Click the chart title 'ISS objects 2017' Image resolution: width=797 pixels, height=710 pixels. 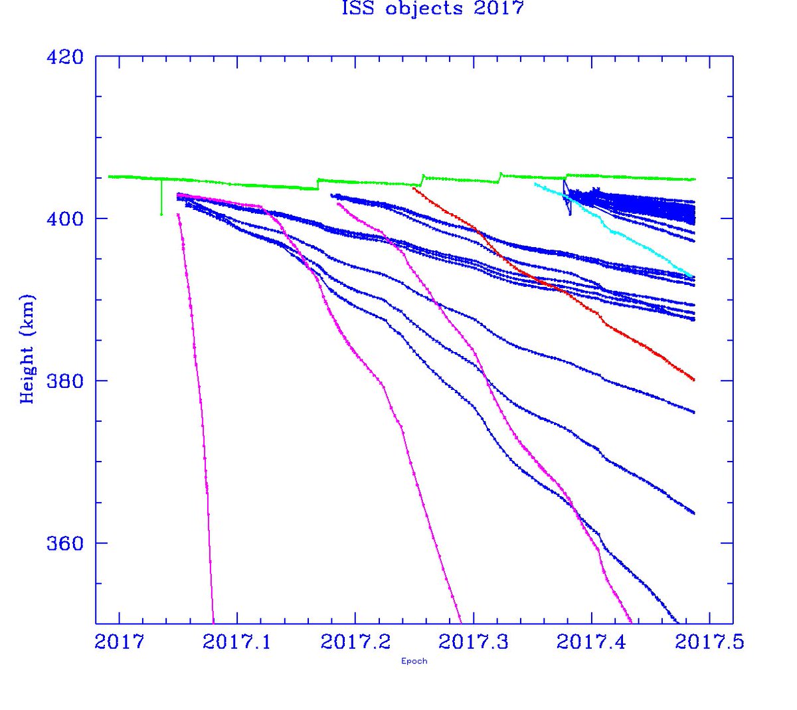[432, 9]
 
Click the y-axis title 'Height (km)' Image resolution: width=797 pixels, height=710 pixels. [27, 348]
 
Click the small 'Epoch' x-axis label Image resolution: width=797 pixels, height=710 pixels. [414, 661]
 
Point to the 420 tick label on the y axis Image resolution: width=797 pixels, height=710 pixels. [64, 57]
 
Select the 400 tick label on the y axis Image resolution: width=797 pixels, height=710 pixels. [64, 219]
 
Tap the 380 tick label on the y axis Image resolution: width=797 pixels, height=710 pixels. [64, 381]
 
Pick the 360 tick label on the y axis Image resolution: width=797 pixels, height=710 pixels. [64, 543]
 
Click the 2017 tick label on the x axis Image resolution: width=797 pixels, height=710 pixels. [120, 642]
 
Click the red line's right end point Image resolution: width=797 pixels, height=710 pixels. [693, 380]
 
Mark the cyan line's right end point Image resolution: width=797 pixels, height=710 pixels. [693, 277]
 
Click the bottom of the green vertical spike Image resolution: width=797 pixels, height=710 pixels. [161, 214]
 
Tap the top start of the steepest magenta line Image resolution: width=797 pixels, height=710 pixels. [178, 215]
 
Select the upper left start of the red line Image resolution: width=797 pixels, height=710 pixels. [414, 188]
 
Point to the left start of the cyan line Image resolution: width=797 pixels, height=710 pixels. [535, 184]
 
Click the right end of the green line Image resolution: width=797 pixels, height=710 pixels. [694, 179]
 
